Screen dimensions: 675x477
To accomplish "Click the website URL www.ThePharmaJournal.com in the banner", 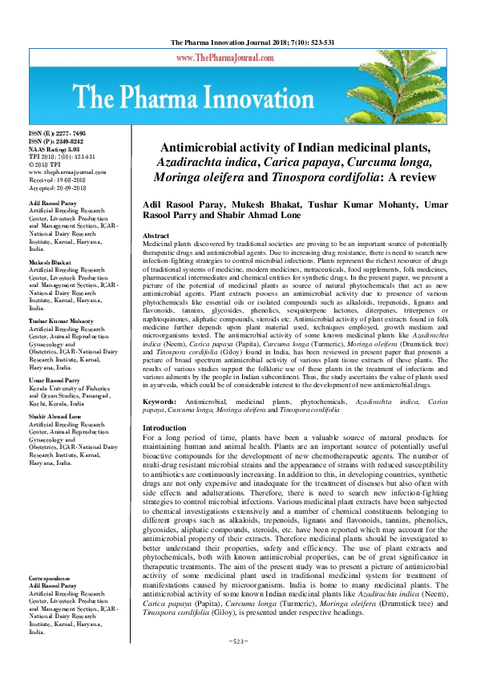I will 221,59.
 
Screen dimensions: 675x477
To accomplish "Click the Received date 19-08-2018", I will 58,181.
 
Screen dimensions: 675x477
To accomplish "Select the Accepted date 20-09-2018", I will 58,188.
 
